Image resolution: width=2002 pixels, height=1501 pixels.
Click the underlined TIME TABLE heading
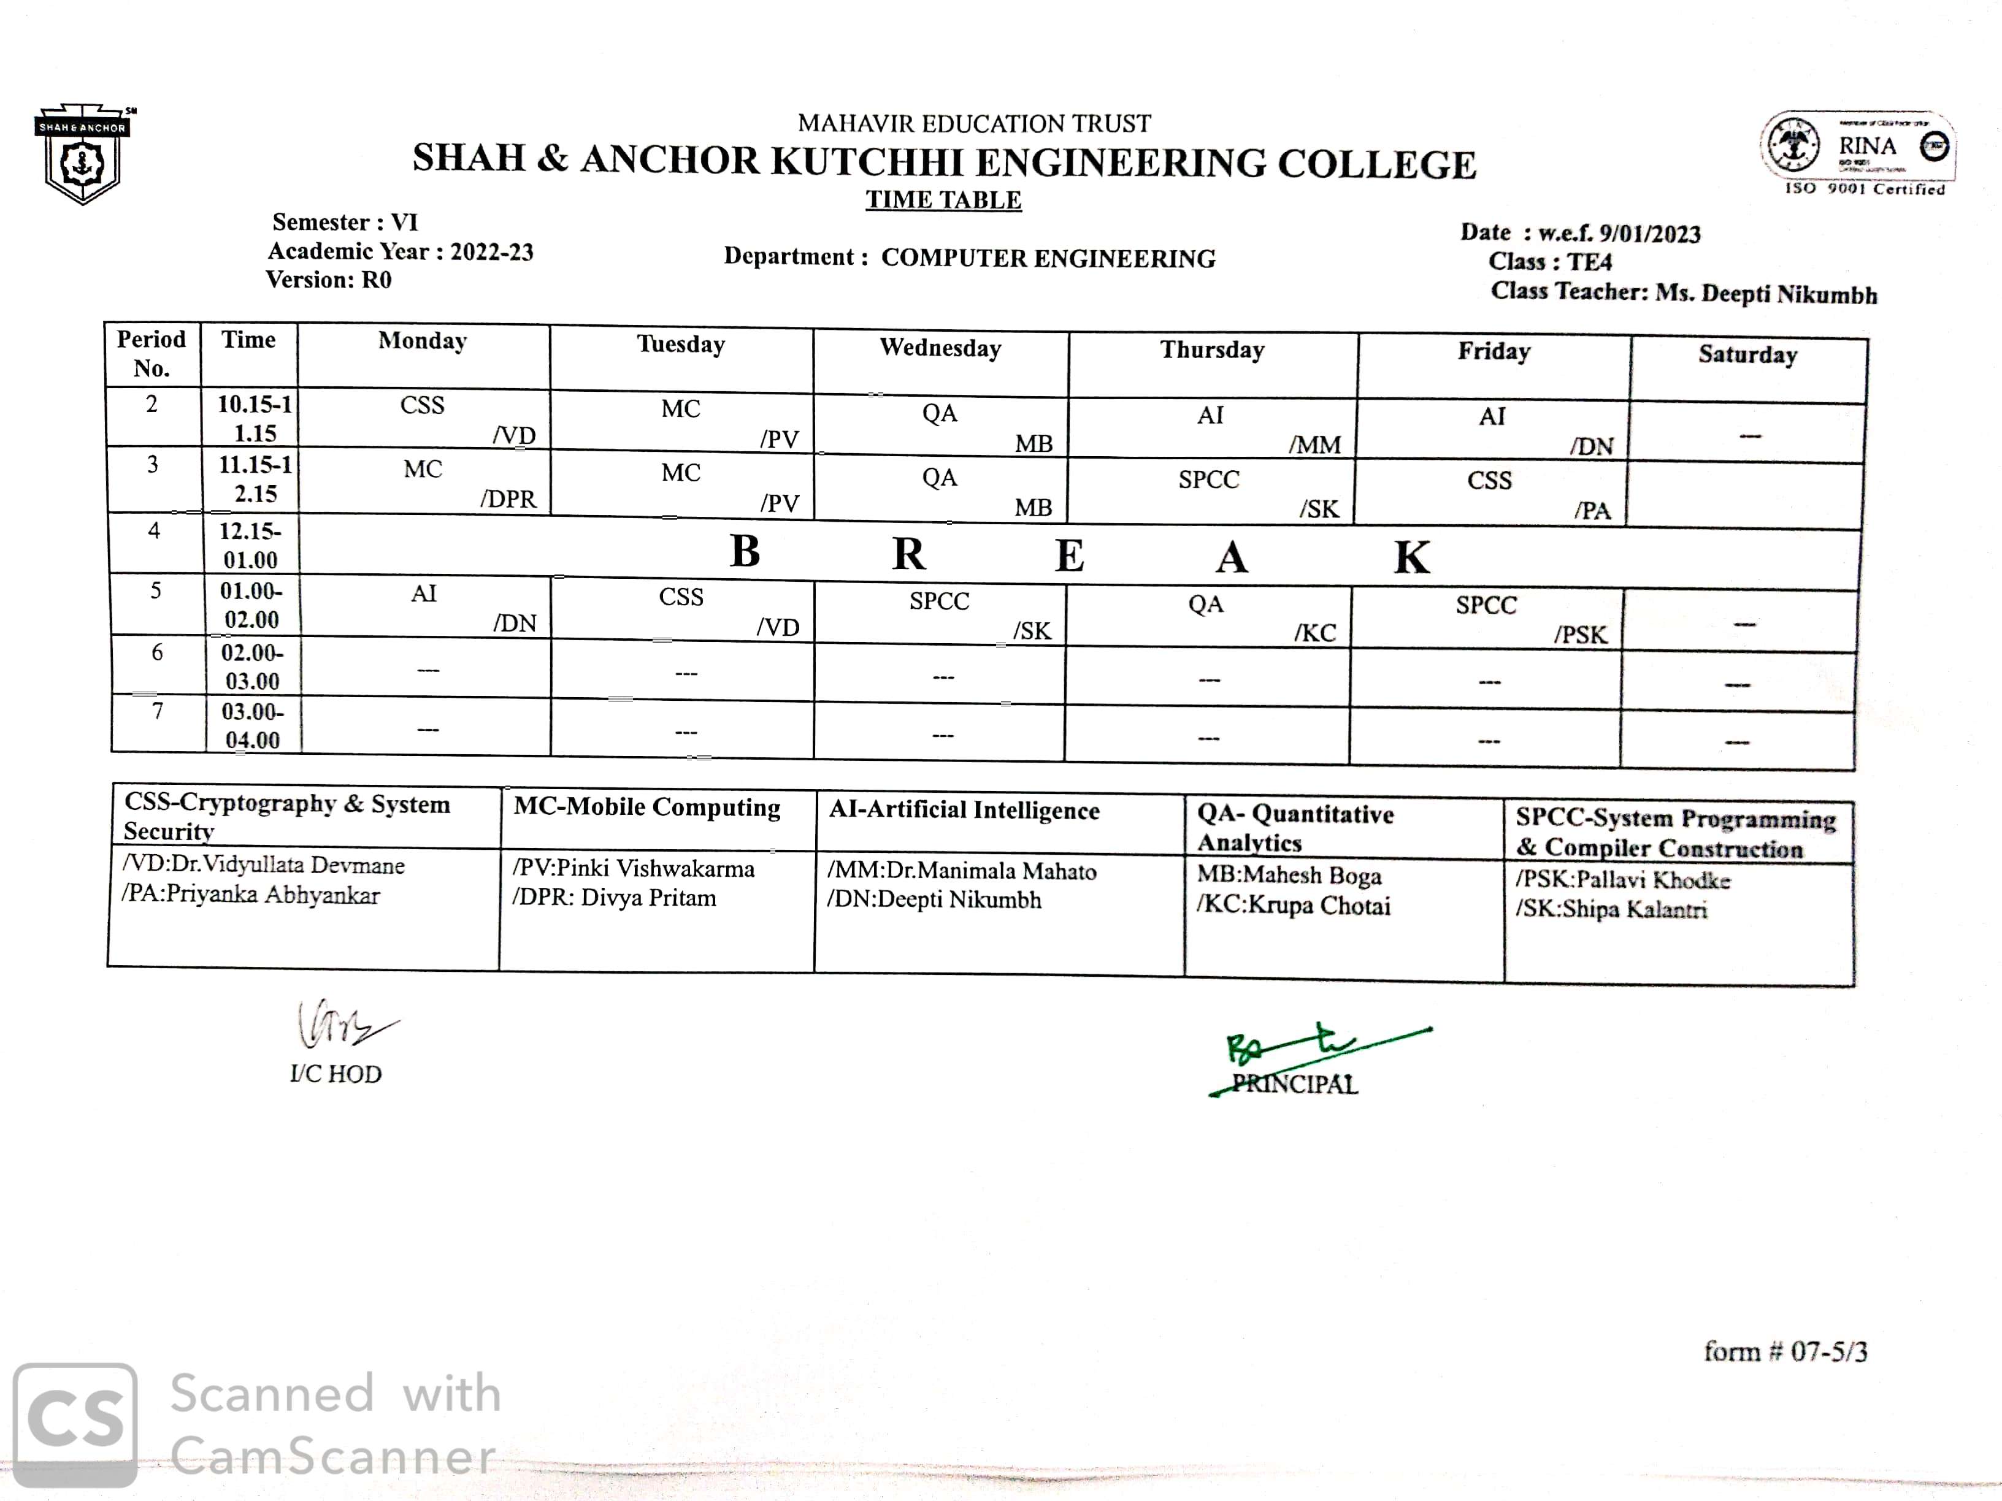pos(943,200)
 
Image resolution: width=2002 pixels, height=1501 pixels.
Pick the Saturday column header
pos(1747,354)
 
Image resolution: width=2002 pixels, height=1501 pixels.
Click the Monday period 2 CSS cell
pos(423,418)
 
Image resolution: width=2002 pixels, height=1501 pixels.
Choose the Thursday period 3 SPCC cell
pos(1211,491)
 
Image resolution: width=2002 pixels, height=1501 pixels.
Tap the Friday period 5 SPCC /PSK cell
pos(1488,618)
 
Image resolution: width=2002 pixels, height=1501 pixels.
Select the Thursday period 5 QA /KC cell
pos(1207,616)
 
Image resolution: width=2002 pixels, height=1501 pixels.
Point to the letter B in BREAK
pos(745,551)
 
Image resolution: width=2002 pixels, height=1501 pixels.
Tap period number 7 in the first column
pos(158,711)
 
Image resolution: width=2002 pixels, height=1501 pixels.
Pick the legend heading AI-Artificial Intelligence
pos(964,811)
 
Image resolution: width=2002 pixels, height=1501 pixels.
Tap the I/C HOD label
pos(336,1074)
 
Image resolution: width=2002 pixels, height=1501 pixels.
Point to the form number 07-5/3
pos(1785,1352)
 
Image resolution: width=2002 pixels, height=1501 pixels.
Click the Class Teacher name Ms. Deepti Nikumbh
pos(1766,294)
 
